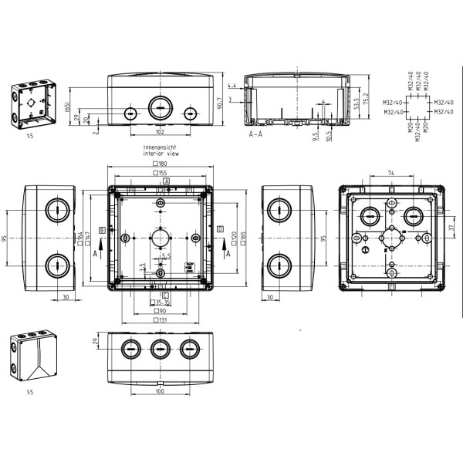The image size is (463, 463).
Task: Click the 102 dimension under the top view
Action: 159,131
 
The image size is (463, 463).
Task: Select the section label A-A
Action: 258,134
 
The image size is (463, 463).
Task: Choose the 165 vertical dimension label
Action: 243,238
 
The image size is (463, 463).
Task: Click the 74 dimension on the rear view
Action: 392,174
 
